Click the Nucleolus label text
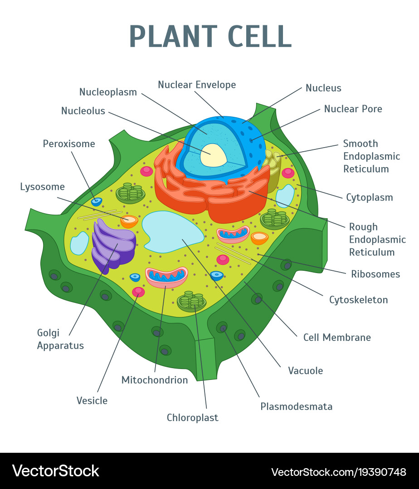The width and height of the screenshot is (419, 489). click(83, 111)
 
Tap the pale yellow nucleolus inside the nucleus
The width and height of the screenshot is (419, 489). click(213, 155)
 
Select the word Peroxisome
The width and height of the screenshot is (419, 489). click(69, 144)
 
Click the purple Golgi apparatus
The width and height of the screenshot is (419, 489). click(113, 244)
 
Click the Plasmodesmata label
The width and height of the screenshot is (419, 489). click(296, 406)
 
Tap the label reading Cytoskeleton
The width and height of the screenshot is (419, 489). click(358, 299)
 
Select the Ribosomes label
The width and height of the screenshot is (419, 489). click(375, 274)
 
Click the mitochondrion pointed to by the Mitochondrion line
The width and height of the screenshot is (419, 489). click(166, 277)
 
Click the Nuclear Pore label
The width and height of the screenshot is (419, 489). click(353, 109)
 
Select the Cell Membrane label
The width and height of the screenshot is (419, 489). click(337, 337)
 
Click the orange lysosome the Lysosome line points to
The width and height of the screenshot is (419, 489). click(129, 221)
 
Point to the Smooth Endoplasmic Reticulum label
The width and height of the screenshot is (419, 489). click(371, 156)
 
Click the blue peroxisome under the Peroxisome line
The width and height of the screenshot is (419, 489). click(97, 201)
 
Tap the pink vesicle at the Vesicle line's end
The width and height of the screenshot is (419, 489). click(138, 292)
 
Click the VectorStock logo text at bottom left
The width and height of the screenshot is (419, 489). click(55, 471)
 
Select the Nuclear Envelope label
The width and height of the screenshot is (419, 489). click(197, 85)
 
